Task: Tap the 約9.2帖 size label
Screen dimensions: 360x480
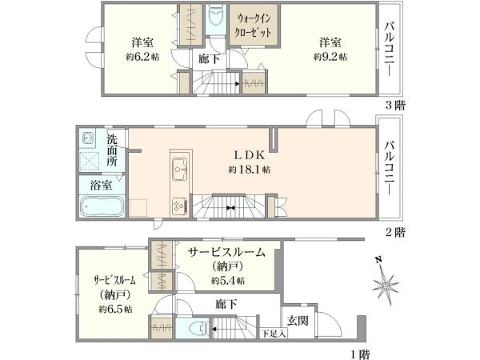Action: [331, 58]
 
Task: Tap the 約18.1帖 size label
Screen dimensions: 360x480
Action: [249, 170]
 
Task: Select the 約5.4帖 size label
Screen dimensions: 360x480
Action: [228, 281]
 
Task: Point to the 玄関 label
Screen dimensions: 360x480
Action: [298, 320]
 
